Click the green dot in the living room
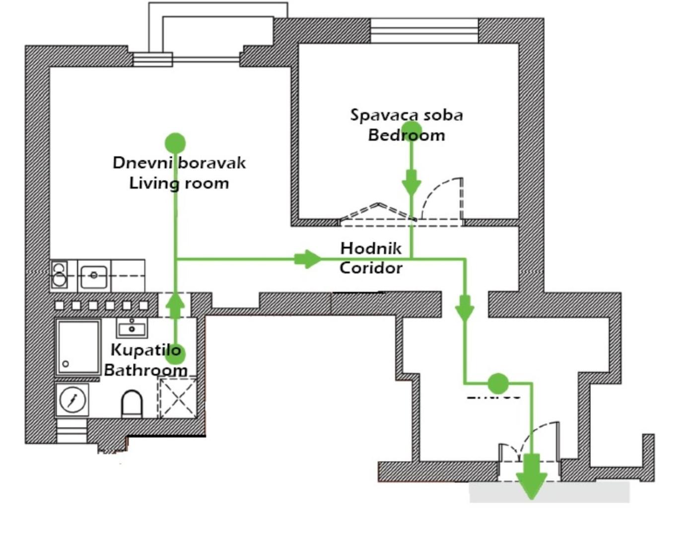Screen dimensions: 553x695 175,143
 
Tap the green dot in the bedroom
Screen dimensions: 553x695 411,131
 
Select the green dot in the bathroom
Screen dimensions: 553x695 174,353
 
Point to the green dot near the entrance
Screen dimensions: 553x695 498,383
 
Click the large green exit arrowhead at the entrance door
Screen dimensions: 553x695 532,479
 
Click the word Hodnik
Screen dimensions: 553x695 371,248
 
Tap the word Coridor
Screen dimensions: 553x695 371,268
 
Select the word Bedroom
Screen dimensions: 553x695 406,135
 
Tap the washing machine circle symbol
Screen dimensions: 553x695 72,399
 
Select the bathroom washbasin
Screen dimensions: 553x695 132,328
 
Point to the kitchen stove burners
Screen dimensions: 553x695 60,275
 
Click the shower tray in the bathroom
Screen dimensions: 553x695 78,346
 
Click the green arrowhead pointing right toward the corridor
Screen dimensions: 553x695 307,259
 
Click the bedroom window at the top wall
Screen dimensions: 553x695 424,31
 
